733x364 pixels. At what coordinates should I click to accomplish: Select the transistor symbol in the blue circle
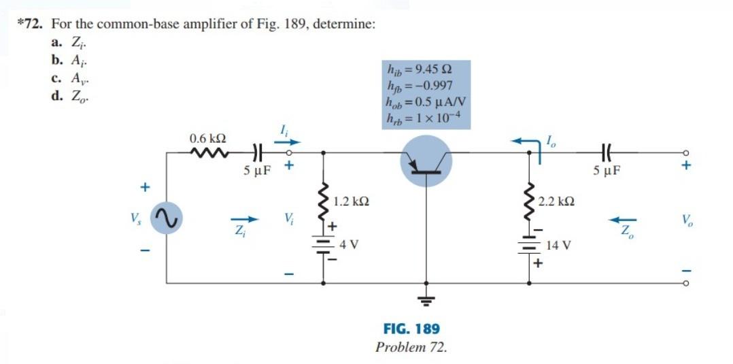426,161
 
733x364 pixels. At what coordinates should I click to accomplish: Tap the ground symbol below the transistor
426,299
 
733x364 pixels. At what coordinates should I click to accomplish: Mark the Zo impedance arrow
622,220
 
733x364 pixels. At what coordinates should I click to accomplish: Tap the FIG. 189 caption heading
411,329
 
